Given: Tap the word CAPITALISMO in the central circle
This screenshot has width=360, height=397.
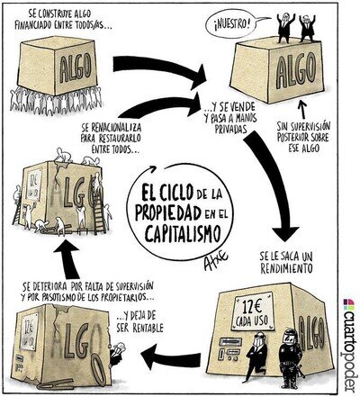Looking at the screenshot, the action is click(x=183, y=233).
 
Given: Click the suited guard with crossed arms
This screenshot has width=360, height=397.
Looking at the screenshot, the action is click(x=256, y=356).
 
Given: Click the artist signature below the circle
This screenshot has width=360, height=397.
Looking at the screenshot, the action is click(x=215, y=261).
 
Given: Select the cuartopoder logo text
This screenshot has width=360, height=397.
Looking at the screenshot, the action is click(x=350, y=345).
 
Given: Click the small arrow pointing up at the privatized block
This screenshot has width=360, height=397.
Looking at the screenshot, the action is click(x=302, y=111).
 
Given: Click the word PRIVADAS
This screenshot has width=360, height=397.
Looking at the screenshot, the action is click(x=230, y=130).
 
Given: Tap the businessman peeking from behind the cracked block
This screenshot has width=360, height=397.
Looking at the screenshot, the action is click(x=117, y=353).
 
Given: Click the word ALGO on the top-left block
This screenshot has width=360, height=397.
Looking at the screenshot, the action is click(x=76, y=68).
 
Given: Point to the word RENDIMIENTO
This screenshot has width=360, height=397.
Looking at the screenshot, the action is click(x=286, y=268).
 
